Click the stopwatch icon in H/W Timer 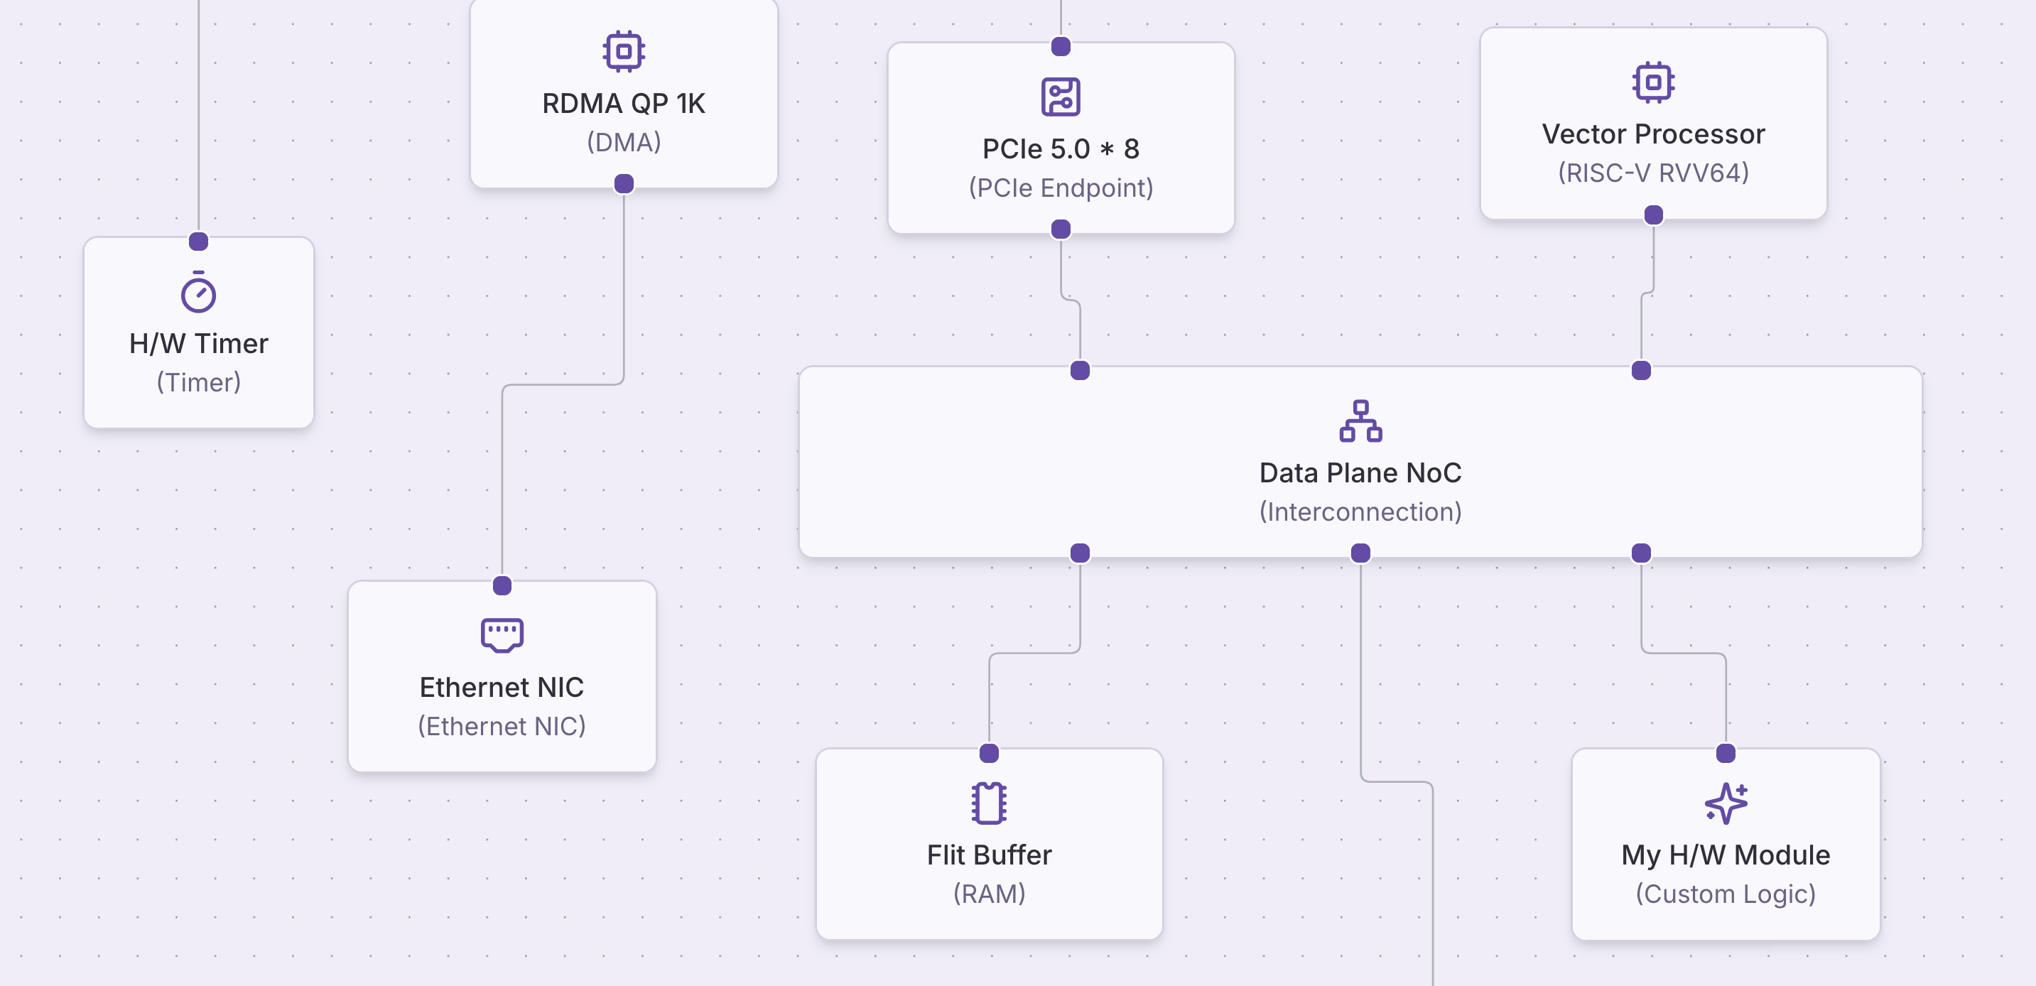[198, 293]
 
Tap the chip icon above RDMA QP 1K [624, 52]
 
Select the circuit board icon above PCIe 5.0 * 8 [1061, 97]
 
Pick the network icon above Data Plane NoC [1360, 421]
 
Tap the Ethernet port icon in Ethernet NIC [502, 634]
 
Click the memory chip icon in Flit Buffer [989, 803]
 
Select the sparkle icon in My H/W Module [1726, 803]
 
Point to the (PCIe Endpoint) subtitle [1061, 188]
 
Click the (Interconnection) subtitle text [1360, 512]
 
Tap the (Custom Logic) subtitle [1726, 894]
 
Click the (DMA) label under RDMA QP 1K [624, 143]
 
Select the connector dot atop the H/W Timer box [198, 241]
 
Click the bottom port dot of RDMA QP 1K [624, 184]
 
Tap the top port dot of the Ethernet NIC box [502, 585]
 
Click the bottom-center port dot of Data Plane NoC [1360, 553]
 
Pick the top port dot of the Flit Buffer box [989, 753]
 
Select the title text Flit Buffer [989, 855]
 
